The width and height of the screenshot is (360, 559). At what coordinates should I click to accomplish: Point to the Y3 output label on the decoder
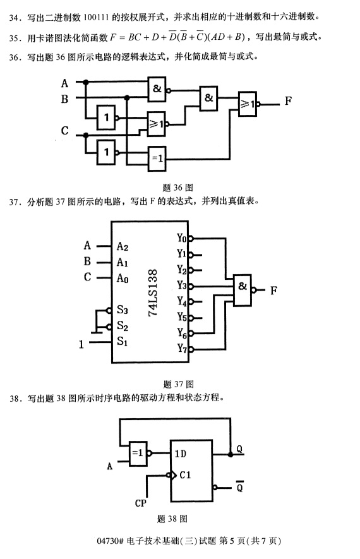(182, 285)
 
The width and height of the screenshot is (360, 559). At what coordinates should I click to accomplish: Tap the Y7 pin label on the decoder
(182, 348)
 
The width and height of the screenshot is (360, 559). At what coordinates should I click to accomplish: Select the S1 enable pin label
(122, 342)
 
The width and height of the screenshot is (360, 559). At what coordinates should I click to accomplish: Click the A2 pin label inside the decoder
(123, 246)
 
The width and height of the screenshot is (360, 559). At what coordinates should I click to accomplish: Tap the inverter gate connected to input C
(107, 152)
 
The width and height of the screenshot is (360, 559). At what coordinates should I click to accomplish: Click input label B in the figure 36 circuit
(64, 99)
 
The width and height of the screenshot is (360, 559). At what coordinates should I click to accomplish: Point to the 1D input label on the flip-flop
(181, 452)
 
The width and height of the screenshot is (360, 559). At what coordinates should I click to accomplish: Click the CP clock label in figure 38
(143, 503)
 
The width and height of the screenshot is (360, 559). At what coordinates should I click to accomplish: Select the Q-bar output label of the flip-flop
(240, 487)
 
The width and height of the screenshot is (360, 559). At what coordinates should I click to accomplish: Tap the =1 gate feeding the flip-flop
(138, 452)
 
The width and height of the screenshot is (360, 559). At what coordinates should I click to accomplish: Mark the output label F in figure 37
(273, 291)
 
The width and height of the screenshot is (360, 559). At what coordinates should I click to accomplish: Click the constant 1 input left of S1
(81, 344)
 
